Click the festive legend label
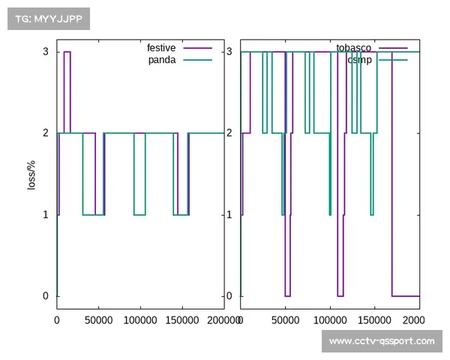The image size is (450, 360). click(161, 48)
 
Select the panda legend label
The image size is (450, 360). click(162, 60)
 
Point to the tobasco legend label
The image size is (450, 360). click(353, 48)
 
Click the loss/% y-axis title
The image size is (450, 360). click(31, 174)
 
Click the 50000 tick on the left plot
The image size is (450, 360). click(98, 319)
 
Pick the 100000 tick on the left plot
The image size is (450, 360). click(140, 319)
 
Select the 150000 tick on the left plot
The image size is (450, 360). click(182, 319)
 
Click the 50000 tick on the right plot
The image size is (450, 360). click(285, 319)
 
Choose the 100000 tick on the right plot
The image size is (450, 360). click(330, 319)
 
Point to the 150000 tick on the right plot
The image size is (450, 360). click(375, 319)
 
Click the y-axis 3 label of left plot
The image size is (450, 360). click(46, 52)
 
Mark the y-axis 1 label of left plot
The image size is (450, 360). click(46, 214)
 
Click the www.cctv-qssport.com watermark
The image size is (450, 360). click(382, 341)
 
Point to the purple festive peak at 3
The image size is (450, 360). click(67, 52)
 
